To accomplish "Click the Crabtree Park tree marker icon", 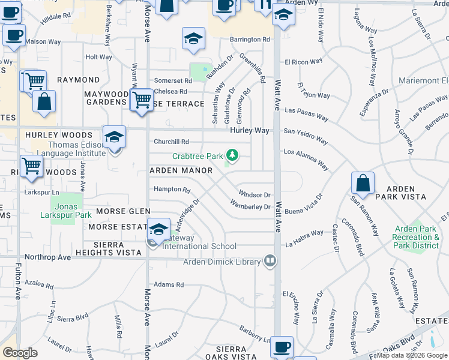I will point(231,156).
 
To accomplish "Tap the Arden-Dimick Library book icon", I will point(270,261).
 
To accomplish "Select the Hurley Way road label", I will point(249,130).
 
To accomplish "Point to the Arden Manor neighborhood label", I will point(181,171).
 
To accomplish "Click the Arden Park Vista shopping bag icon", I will point(363,183).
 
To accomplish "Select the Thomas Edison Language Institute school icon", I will point(114,137).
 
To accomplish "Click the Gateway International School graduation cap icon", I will point(158,229).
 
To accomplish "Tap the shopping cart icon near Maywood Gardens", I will point(142,99).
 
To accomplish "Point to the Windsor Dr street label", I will point(255,194).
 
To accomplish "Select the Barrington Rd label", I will point(250,40).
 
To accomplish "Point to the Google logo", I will point(20,353).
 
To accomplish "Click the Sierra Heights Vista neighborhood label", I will point(115,249).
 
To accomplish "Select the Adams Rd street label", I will point(168,284).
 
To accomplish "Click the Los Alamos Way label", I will point(306,160).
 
